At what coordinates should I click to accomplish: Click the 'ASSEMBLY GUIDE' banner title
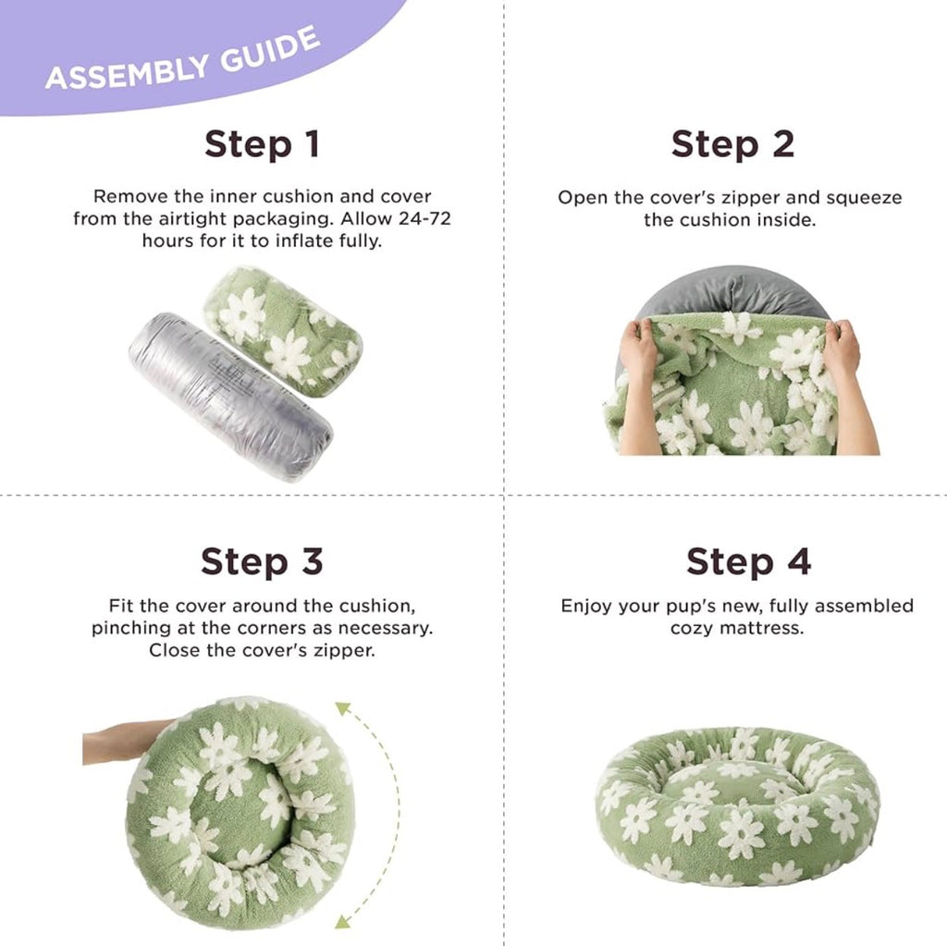[182, 58]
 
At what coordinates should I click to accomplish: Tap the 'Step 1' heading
[262, 145]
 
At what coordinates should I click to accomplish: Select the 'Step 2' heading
[732, 145]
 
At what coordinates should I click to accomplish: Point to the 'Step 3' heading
[262, 562]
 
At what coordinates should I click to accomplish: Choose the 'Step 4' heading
[748, 562]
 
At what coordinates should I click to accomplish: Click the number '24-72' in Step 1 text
[424, 218]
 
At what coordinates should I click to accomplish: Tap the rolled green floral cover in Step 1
[283, 331]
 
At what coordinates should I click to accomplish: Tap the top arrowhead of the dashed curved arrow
[342, 708]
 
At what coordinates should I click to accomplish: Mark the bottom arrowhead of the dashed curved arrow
[342, 920]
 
